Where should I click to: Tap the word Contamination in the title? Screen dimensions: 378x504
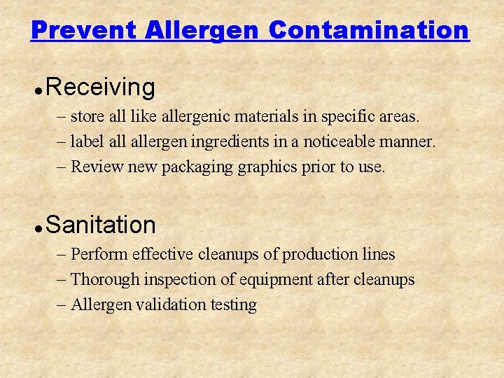(368, 30)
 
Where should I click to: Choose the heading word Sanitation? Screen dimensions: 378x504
(100, 225)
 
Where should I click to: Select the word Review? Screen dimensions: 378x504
(94, 167)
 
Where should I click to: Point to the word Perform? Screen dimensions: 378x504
(98, 253)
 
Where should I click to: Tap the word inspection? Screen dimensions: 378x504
(181, 279)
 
